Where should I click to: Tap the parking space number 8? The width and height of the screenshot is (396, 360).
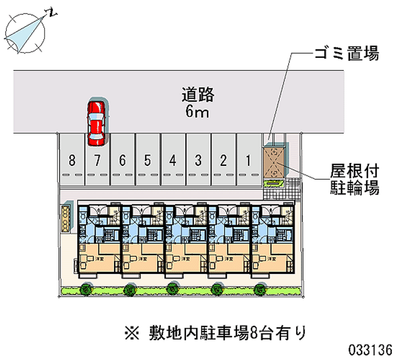(72, 160)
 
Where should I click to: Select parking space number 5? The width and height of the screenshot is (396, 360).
(148, 160)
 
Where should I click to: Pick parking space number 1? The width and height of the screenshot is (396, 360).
(248, 160)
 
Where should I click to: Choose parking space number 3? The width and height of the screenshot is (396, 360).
(198, 160)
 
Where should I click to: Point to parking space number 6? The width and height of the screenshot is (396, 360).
(122, 160)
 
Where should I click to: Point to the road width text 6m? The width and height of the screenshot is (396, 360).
(197, 111)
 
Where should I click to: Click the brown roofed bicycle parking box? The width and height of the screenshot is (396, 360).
(274, 161)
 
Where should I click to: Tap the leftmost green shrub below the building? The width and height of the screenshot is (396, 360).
(87, 288)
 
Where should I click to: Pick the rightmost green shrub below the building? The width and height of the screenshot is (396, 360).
(258, 288)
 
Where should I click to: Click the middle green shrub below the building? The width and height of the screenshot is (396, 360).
(172, 288)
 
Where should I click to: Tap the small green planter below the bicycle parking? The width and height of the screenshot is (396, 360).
(274, 184)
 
